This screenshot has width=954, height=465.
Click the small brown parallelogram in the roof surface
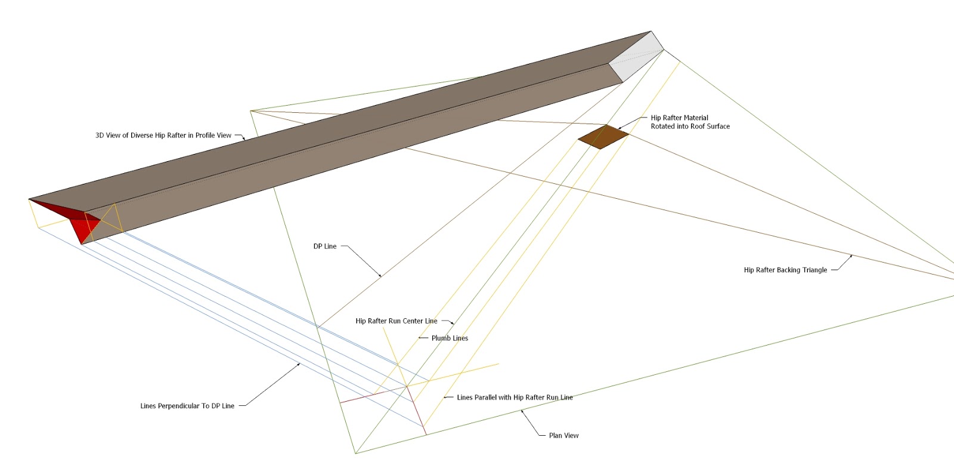pos(603,137)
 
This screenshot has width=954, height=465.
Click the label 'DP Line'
pos(325,247)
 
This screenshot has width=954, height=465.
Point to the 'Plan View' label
pos(563,436)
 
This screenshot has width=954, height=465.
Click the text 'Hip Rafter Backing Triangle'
pos(785,270)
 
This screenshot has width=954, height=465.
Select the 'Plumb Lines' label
pos(450,338)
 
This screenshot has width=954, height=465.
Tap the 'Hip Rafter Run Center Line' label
pos(396,321)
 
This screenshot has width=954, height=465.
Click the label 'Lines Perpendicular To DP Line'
pos(187,406)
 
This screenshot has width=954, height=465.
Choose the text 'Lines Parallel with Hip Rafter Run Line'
pos(515,398)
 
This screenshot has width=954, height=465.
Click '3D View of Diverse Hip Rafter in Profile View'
pos(163,136)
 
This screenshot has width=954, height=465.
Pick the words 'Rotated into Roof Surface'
pos(690,127)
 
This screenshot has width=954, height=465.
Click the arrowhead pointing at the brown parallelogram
pos(620,128)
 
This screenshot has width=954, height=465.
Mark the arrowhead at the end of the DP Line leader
pos(380,276)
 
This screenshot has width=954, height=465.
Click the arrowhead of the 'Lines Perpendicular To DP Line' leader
pos(299,364)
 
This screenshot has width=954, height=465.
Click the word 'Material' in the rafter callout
pos(695,118)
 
